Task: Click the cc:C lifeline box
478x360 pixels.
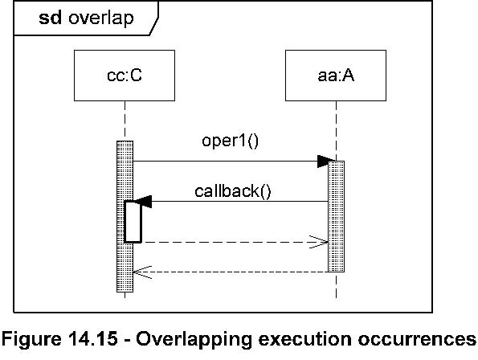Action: coord(125,76)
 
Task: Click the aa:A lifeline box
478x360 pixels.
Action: coord(336,76)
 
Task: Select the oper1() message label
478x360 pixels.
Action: coord(230,141)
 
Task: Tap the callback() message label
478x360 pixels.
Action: coord(233,191)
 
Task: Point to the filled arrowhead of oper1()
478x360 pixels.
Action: coord(326,162)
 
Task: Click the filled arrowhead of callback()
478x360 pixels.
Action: coord(143,202)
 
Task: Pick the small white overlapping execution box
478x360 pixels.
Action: coord(133,222)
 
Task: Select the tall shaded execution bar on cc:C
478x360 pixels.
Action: coord(125,216)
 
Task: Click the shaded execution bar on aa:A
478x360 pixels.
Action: coord(337,216)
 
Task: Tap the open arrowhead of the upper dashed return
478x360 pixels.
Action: coord(319,242)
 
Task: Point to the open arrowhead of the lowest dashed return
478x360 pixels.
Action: coord(142,272)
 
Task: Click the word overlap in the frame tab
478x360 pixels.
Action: coord(101,18)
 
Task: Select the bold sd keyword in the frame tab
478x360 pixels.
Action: coord(51,18)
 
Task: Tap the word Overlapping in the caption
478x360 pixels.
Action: coord(194,339)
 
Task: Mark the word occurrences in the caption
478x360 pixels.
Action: coord(417,338)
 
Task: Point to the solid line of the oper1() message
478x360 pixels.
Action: coord(231,162)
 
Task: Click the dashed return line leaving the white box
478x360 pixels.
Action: coord(235,243)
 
